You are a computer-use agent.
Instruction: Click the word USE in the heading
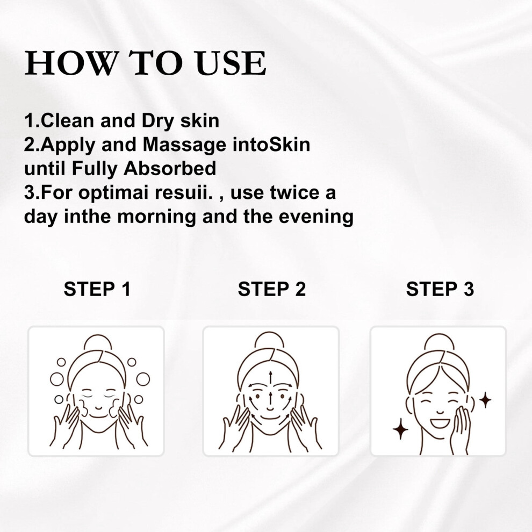tap(231, 63)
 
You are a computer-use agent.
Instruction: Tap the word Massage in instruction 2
tap(184, 146)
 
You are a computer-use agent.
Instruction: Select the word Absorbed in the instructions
tap(170, 169)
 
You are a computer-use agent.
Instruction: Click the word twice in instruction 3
tap(295, 192)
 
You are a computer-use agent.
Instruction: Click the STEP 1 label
tap(97, 289)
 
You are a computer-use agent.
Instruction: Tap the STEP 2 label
tap(271, 289)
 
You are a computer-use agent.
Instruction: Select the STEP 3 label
tap(440, 289)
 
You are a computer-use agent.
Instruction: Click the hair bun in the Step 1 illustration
tap(97, 343)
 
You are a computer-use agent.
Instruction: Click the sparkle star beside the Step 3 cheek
tap(485, 400)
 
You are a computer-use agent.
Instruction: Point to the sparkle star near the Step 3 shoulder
tap(400, 429)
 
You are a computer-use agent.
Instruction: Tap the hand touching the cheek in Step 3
tap(461, 428)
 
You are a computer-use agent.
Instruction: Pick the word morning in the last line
tap(156, 217)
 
